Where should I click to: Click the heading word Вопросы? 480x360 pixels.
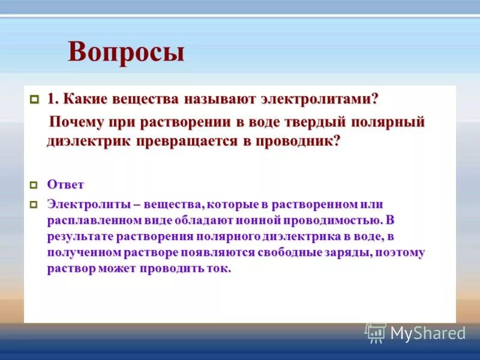(x=126, y=52)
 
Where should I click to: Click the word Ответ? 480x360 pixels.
(x=65, y=185)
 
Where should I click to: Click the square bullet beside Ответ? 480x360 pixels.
(x=34, y=185)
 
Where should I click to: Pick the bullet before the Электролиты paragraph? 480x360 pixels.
(x=34, y=205)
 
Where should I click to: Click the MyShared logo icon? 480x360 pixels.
(x=376, y=332)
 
